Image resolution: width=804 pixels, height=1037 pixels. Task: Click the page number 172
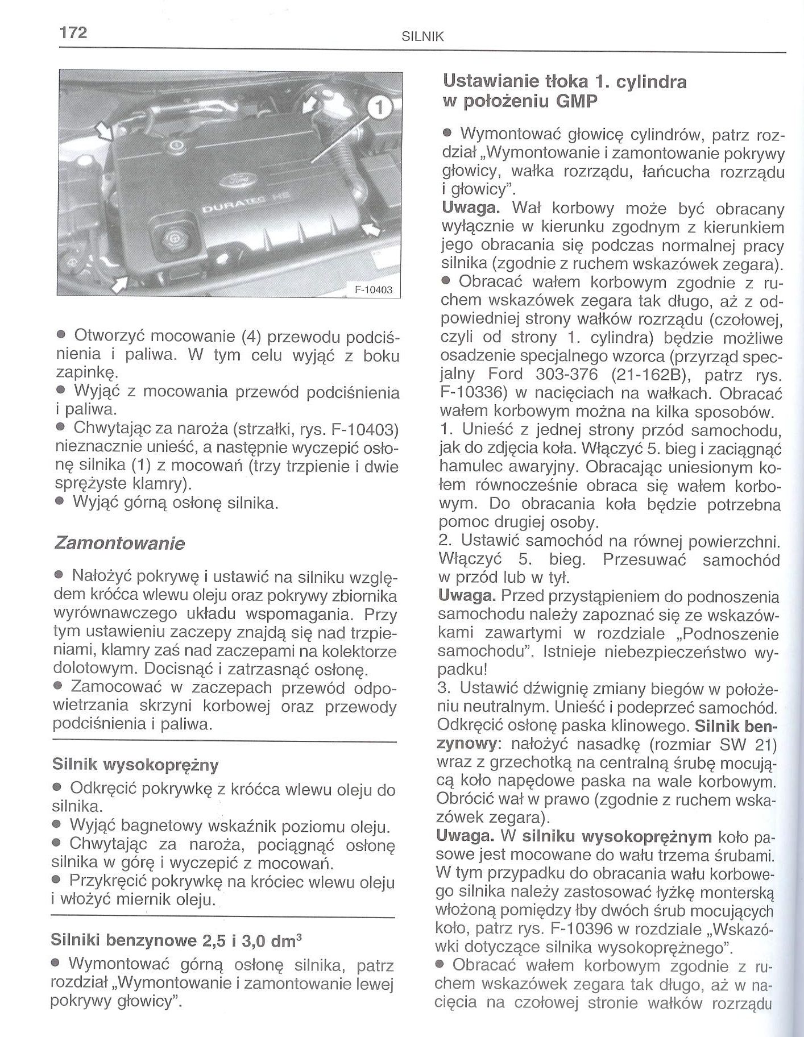[73, 32]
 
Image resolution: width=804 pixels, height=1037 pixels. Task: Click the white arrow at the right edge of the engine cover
[369, 229]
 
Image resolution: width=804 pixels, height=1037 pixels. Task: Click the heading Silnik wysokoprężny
[135, 765]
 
